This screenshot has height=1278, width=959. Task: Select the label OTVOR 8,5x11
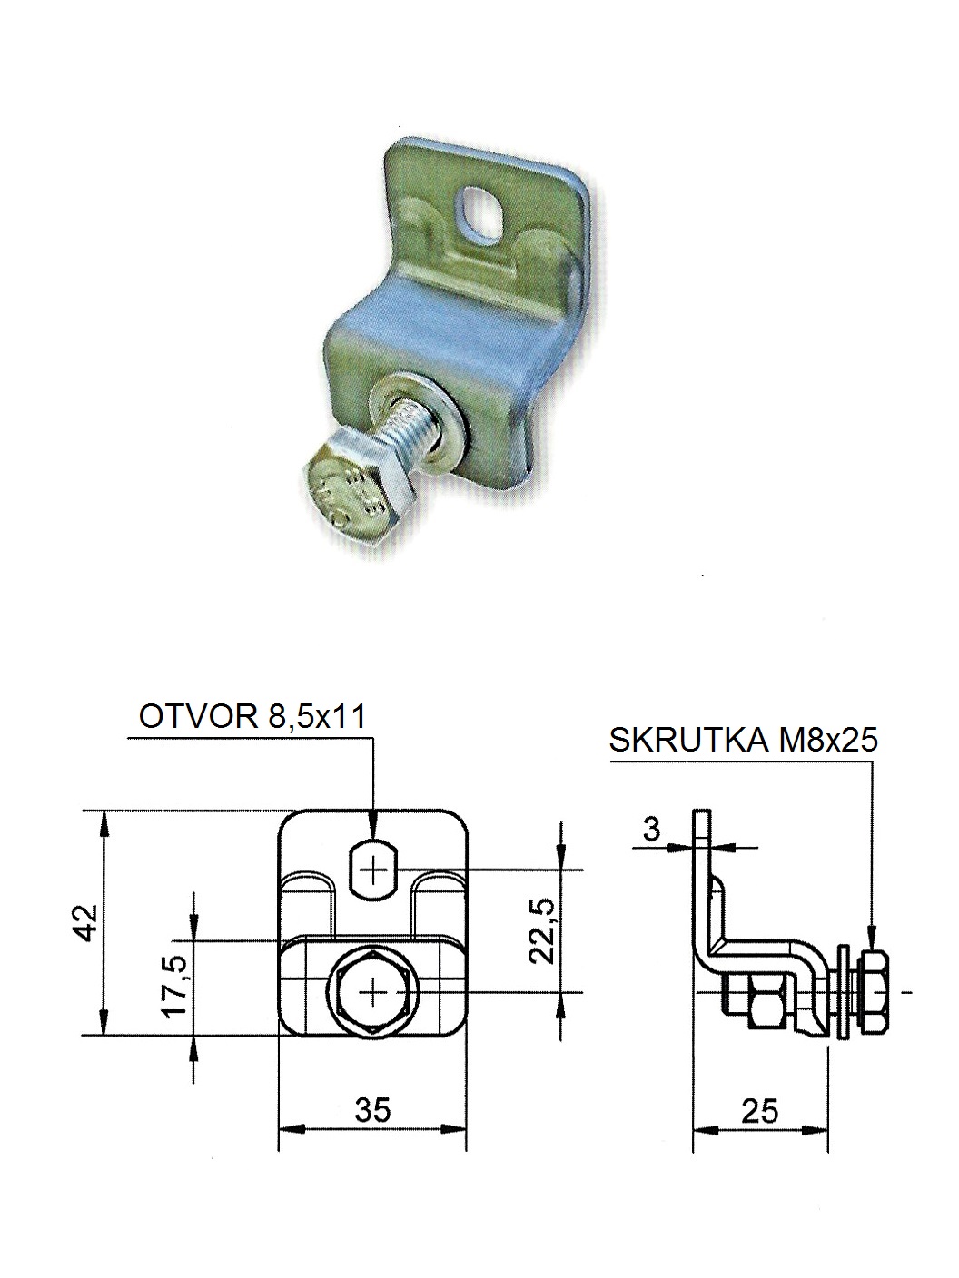pyautogui.click(x=252, y=717)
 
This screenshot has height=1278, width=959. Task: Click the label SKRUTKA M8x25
pyautogui.click(x=744, y=741)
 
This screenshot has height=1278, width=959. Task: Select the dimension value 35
pyautogui.click(x=372, y=1109)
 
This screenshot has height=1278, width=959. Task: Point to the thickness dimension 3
pyautogui.click(x=650, y=829)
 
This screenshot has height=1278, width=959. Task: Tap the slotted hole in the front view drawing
pyautogui.click(x=373, y=870)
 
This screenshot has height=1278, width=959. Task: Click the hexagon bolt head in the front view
pyautogui.click(x=373, y=991)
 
